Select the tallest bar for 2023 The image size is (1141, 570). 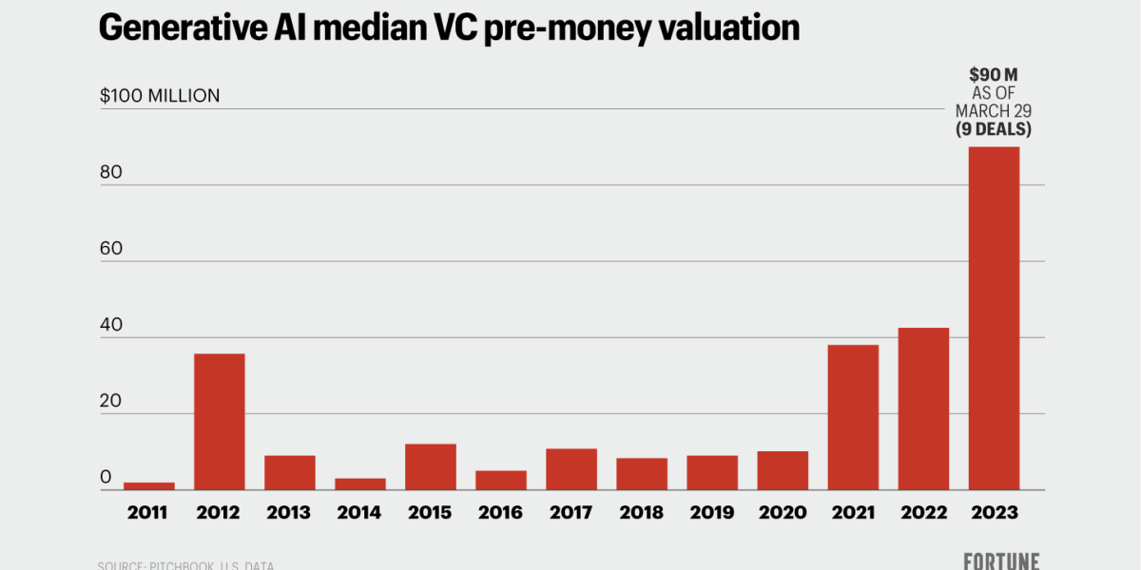(994, 318)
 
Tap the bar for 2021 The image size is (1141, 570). (853, 417)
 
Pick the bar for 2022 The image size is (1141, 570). (923, 408)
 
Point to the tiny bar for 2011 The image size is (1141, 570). (148, 486)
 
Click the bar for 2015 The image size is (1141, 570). (430, 466)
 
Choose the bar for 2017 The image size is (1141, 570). (570, 469)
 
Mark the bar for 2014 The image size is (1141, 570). (359, 484)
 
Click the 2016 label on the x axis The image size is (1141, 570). (500, 513)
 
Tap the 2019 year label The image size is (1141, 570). (711, 513)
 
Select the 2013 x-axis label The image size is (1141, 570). (289, 513)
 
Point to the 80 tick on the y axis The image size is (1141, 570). (112, 172)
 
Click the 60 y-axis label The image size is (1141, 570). (112, 248)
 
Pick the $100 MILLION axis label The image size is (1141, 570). (159, 96)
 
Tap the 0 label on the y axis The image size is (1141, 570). (106, 477)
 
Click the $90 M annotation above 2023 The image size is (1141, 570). (994, 75)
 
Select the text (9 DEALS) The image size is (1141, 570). (994, 128)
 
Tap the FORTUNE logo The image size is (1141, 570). (1001, 560)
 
